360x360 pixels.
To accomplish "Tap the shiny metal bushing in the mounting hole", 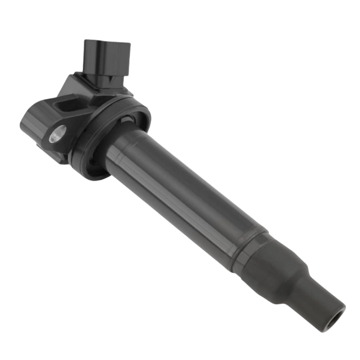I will [x=57, y=133].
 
